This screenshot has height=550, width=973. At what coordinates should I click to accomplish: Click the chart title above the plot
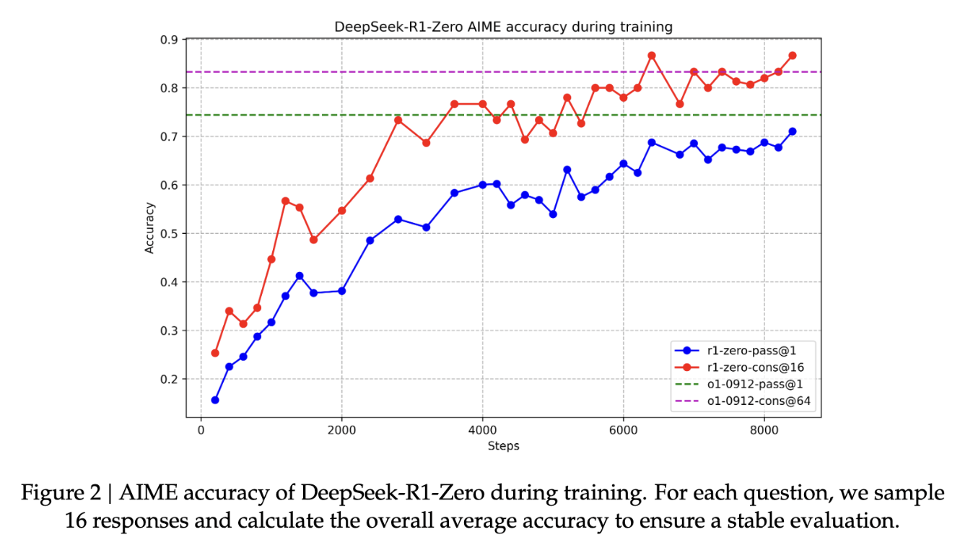click(503, 27)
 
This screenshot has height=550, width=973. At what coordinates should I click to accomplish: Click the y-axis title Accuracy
click(149, 228)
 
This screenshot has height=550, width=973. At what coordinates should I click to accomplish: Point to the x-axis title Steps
click(503, 445)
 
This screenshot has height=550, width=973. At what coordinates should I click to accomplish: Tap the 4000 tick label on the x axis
click(482, 429)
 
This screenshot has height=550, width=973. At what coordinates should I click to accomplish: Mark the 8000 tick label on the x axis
click(764, 429)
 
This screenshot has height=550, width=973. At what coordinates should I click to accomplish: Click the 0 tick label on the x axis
click(201, 429)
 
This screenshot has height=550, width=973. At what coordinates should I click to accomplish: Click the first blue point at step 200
click(215, 400)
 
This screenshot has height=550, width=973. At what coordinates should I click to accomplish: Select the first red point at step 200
click(215, 353)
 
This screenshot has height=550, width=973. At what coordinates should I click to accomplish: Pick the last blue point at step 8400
click(793, 131)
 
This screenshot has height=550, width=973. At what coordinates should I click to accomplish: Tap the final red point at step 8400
click(793, 56)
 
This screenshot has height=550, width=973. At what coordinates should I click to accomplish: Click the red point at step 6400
click(652, 56)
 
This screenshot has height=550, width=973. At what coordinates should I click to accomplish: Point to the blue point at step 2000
click(341, 291)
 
